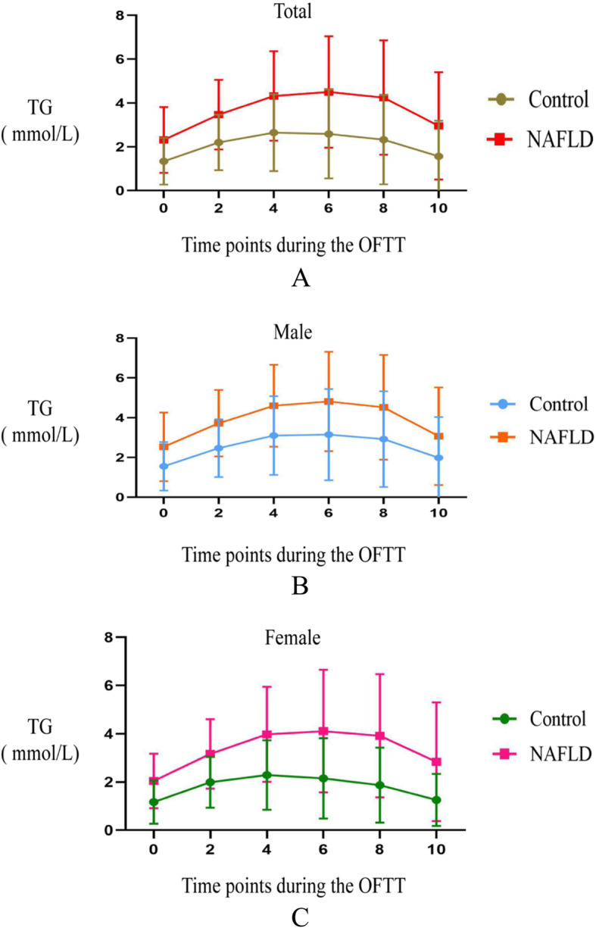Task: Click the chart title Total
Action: click(295, 11)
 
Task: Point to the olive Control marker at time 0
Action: click(164, 161)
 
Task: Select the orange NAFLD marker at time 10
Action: click(438, 436)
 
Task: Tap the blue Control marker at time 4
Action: click(273, 436)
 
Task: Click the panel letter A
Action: click(301, 279)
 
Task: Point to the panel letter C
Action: click(301, 917)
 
